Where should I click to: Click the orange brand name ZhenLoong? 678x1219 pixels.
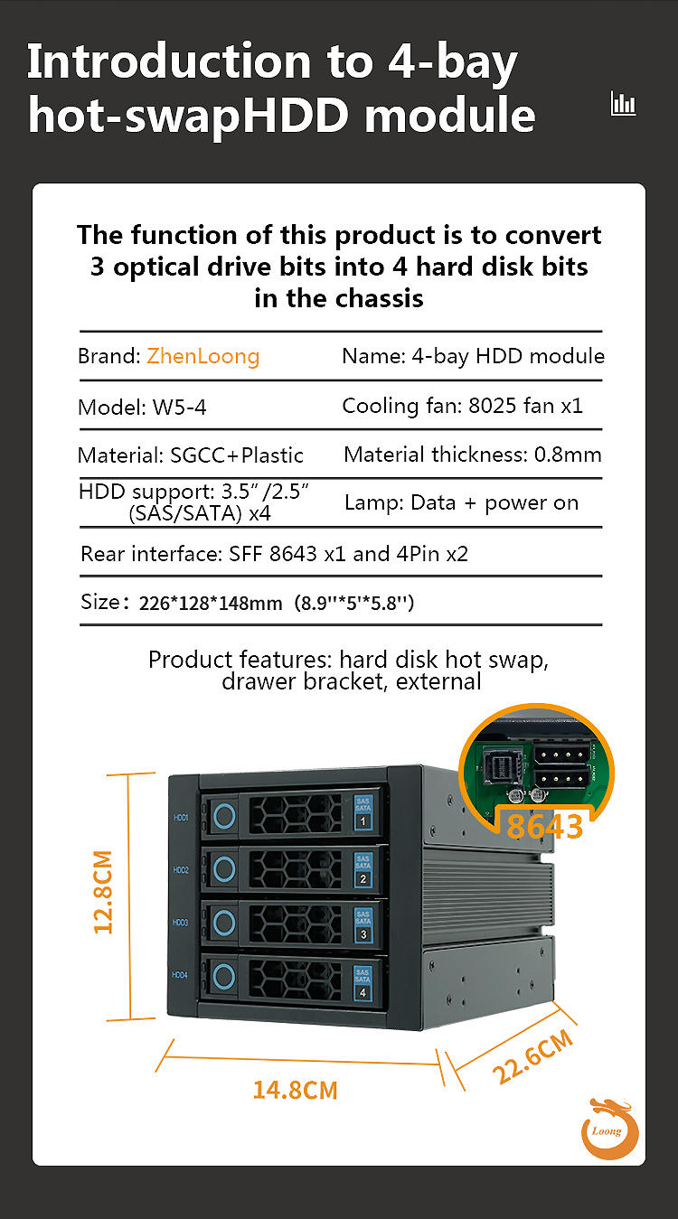click(202, 356)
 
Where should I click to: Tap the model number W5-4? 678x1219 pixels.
click(179, 408)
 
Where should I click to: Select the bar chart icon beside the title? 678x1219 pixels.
click(623, 103)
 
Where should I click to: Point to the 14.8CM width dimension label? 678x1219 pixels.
click(295, 1090)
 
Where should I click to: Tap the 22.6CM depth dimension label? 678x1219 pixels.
click(533, 1055)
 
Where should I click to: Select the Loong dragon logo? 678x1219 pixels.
click(608, 1128)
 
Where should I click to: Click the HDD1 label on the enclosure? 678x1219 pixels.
click(180, 818)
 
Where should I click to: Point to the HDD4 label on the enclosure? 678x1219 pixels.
click(180, 974)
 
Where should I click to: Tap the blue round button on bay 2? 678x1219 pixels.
click(224, 870)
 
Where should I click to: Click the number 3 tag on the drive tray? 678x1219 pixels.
click(363, 934)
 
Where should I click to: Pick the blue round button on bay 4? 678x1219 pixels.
click(224, 975)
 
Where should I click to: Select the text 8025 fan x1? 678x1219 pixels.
click(525, 406)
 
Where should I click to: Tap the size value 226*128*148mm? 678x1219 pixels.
click(211, 604)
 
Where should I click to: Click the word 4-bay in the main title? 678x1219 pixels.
click(452, 61)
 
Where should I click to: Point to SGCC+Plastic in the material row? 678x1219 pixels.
click(237, 455)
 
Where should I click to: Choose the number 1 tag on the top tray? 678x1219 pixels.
click(363, 821)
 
